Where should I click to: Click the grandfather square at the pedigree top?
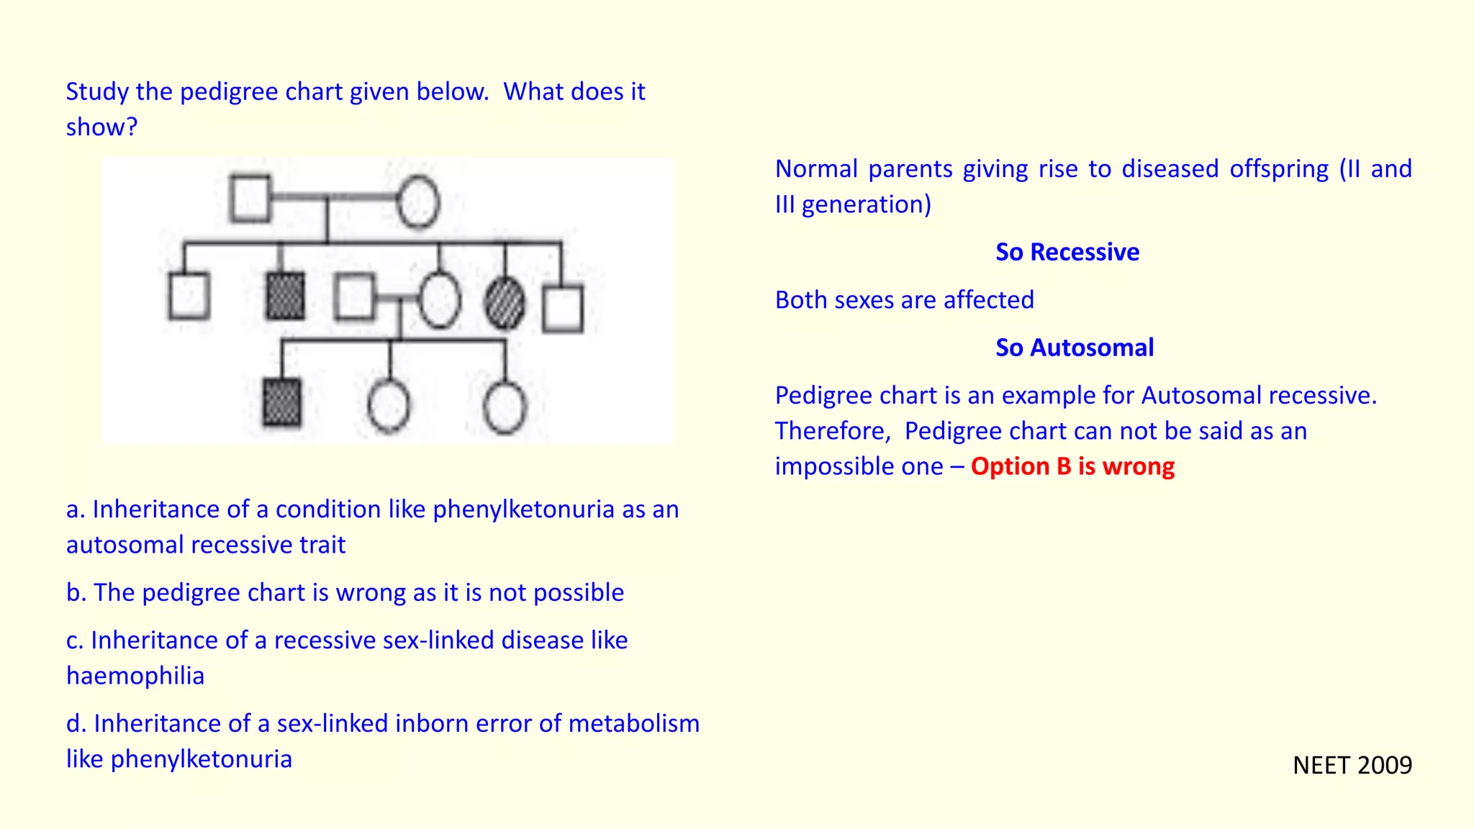tap(250, 199)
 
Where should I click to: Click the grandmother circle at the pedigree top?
tap(418, 202)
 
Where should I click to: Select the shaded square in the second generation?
tap(285, 296)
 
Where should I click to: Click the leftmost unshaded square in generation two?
tap(189, 296)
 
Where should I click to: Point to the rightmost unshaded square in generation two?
tap(563, 309)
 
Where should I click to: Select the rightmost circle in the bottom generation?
tap(505, 407)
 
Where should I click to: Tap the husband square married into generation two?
tap(354, 296)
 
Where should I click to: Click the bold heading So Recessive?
tap(1067, 253)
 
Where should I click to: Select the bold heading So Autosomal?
tap(1074, 348)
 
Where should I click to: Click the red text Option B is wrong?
tap(1072, 466)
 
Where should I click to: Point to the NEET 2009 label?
tap(1352, 765)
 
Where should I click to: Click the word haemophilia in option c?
tap(135, 676)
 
